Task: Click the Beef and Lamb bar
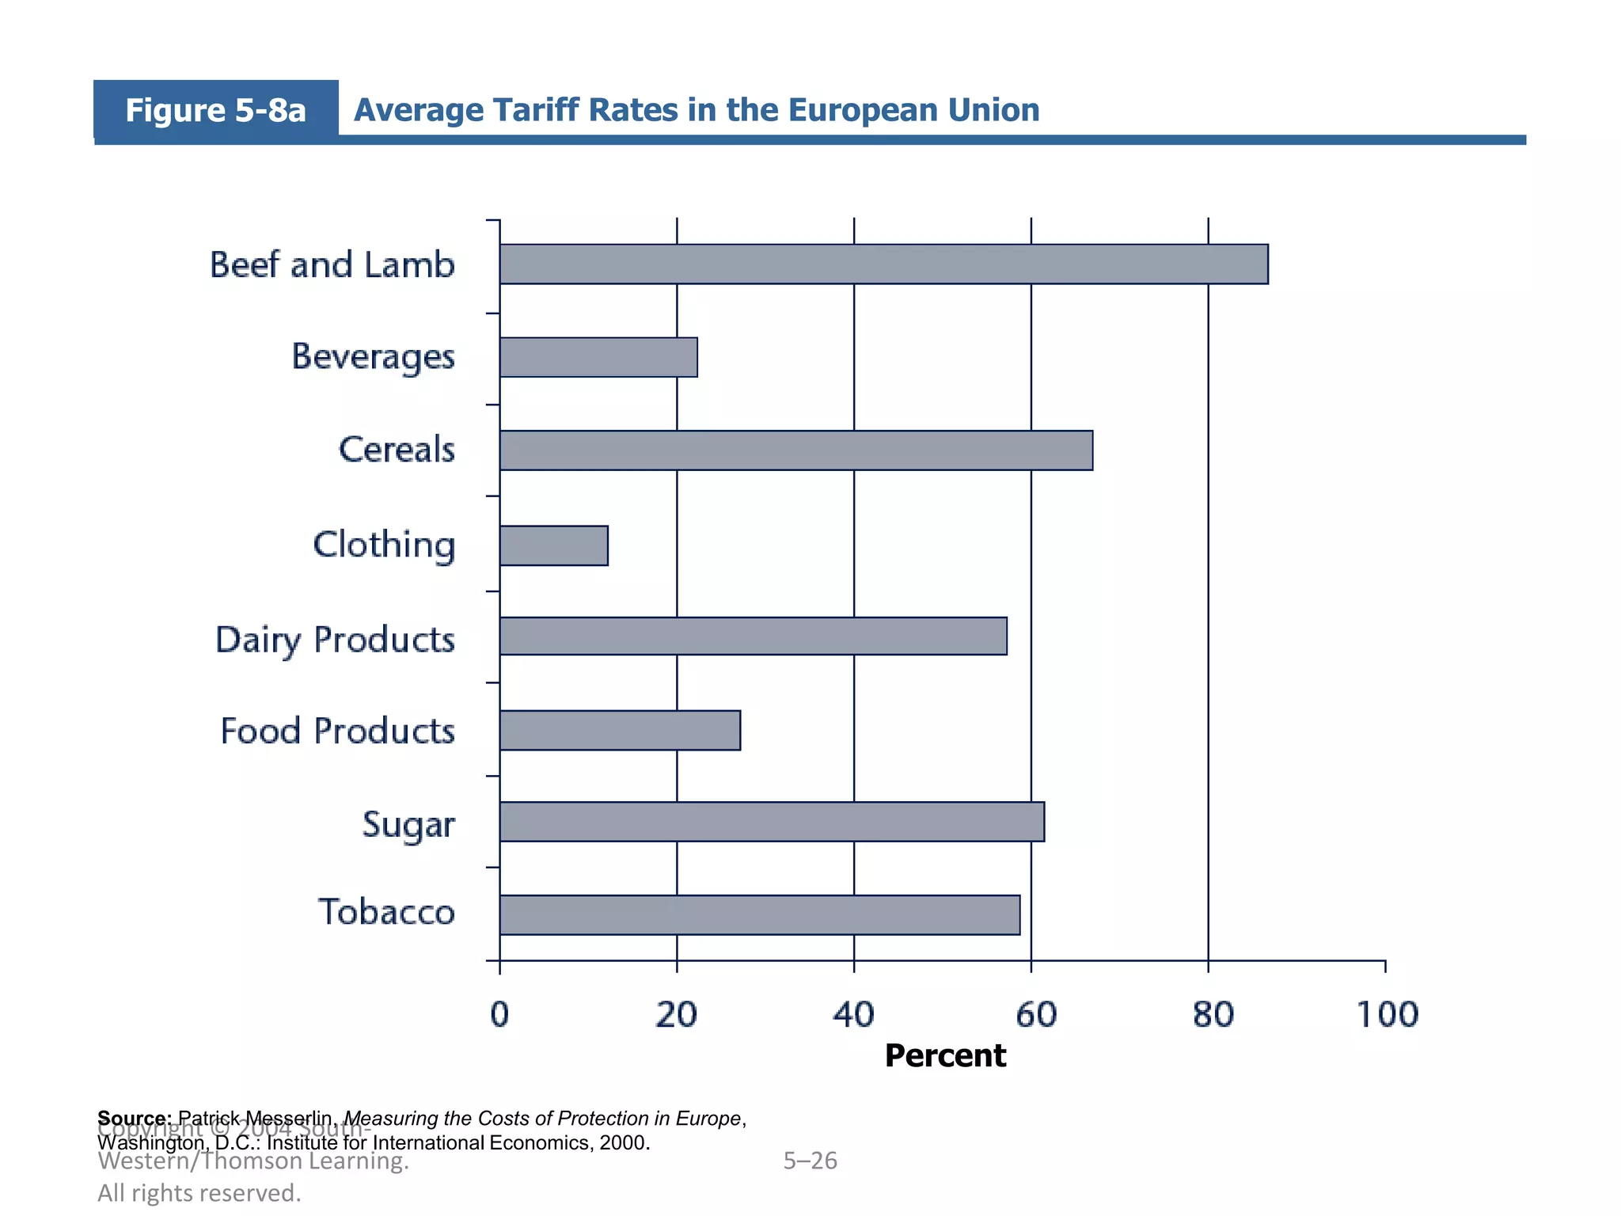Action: coord(883,264)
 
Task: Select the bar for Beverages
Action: coord(598,357)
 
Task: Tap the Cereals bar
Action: coord(795,450)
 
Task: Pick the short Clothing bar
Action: coord(554,545)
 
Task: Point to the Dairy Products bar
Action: coord(753,636)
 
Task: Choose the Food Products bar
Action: coord(620,730)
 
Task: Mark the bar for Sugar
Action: coord(772,822)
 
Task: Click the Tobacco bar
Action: coord(759,915)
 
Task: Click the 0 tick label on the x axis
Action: coord(499,1015)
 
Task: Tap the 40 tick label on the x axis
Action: coord(853,1015)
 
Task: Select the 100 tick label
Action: coord(1388,1015)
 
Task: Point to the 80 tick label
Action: coord(1212,1015)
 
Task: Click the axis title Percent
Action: coord(945,1056)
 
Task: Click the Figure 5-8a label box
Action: coord(215,110)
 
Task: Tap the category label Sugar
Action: coord(408,825)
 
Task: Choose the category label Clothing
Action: coord(385,545)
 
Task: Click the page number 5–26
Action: coord(810,1161)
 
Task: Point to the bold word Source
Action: coord(133,1118)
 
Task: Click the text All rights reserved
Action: coord(199,1193)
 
